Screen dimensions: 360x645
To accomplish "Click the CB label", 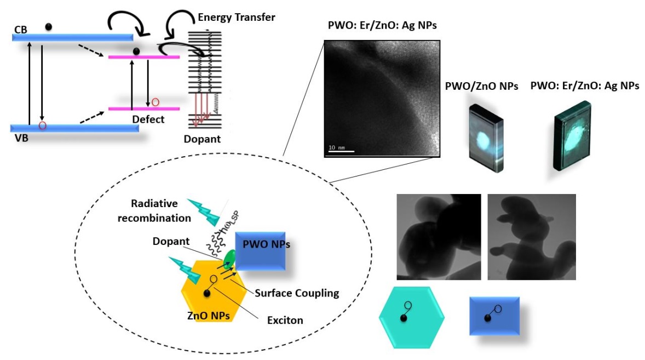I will [x=20, y=26].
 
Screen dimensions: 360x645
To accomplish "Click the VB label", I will [x=20, y=139].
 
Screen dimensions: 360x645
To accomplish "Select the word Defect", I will [x=148, y=119].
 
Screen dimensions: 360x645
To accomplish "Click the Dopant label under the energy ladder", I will [x=203, y=139].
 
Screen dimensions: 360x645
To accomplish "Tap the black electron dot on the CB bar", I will [x=49, y=27].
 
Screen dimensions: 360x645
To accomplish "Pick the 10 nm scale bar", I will [x=341, y=151].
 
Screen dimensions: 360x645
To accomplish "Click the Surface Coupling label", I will [x=297, y=293].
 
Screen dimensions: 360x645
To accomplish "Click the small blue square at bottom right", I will [x=494, y=316].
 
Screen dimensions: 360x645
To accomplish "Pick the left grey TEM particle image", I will [x=438, y=237].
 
